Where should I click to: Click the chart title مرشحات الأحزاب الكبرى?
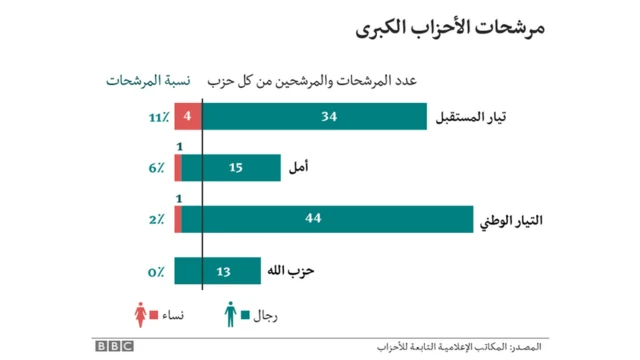[x=451, y=28]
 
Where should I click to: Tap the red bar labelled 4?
[x=188, y=117]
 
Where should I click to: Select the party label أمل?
[x=299, y=168]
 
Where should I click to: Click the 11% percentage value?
[x=157, y=118]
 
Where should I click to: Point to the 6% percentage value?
[x=157, y=169]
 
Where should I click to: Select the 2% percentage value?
[x=157, y=220]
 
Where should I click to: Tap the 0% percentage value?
[x=157, y=272]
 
